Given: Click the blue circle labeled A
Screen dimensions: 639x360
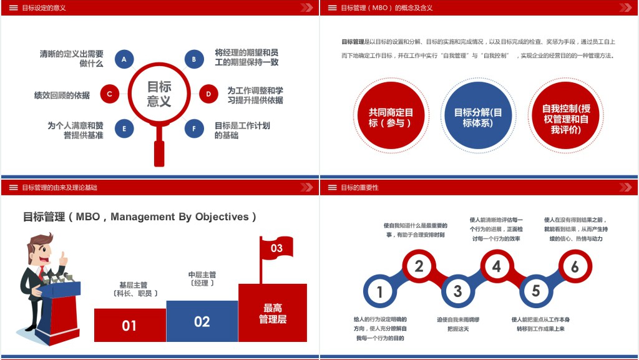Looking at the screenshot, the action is point(124,59).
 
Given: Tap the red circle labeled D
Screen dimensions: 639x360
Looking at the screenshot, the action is point(208,94).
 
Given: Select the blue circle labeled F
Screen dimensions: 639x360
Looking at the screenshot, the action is point(194,129).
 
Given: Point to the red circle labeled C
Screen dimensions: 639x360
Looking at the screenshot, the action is point(110,94).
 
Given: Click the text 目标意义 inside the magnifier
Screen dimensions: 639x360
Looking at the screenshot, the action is point(159,94).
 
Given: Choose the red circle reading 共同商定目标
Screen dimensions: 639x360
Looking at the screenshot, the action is point(391,115).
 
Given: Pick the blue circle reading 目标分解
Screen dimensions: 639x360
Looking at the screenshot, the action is point(478,115).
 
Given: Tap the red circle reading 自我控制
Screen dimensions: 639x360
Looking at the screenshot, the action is point(565,115).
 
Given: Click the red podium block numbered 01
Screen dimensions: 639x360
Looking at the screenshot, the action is point(130,325).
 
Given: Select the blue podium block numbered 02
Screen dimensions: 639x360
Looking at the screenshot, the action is point(202,321).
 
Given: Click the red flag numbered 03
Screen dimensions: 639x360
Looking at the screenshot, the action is point(276,247).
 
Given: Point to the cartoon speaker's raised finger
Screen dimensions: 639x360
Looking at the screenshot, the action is point(63,256).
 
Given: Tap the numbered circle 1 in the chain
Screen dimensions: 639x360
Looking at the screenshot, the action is point(380,291).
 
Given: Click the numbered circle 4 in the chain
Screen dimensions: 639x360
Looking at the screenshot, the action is point(496,266).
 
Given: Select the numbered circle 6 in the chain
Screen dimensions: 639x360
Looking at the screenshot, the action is point(575,266).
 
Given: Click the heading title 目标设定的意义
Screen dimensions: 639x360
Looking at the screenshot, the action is point(44,7).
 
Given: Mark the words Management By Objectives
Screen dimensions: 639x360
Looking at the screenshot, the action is point(180,216).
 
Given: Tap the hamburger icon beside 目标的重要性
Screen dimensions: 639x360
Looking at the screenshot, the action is point(333,187).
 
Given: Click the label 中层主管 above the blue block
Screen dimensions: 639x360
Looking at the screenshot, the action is point(202,275).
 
